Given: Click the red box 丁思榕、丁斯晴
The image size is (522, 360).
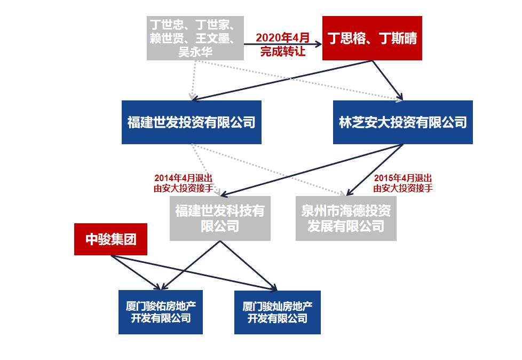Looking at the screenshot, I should [371, 38].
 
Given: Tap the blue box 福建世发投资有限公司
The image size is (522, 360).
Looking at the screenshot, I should [191, 122].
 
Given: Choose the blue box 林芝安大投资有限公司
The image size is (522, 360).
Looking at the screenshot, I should [402, 122].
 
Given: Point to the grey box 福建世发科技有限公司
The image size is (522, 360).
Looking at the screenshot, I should [220, 218].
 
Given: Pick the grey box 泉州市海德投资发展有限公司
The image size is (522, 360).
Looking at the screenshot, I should [346, 218].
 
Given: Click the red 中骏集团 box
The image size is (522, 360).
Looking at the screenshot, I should [111, 239].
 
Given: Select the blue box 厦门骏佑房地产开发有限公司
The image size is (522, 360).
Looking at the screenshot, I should [161, 312].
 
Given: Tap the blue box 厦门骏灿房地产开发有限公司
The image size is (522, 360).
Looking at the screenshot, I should [278, 312].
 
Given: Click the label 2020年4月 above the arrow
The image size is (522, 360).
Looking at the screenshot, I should [282, 38].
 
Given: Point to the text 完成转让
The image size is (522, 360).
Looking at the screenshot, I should [282, 51].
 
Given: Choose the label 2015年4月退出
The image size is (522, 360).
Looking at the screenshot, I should [403, 178].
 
